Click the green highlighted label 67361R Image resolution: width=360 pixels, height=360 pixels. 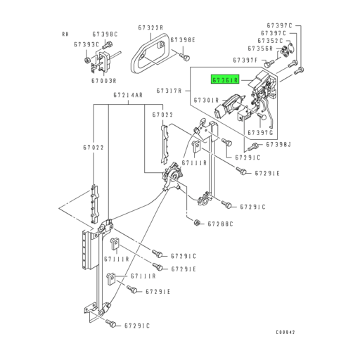224,81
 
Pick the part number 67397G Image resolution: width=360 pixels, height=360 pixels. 259,131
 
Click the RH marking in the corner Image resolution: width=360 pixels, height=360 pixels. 65,33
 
